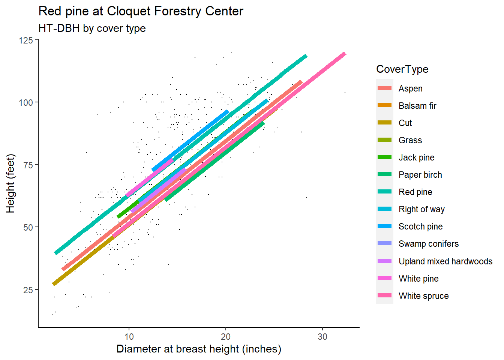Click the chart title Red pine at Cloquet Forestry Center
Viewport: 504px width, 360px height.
(141, 11)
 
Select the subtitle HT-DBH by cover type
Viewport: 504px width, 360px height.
(92, 28)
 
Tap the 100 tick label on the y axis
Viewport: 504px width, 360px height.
(26, 103)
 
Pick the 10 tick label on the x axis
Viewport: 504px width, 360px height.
(129, 337)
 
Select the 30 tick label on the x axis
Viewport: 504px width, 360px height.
(322, 337)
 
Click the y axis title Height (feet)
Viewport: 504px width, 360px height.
(10, 183)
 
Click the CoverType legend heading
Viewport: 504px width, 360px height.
(402, 69)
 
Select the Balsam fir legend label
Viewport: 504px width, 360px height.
(417, 106)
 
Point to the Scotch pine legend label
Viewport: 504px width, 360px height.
(420, 226)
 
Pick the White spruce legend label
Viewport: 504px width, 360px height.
(424, 296)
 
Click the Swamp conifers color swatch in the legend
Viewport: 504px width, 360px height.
(384, 243)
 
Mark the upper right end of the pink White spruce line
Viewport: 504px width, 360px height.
(345, 54)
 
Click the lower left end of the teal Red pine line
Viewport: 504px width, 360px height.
(55, 253)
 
